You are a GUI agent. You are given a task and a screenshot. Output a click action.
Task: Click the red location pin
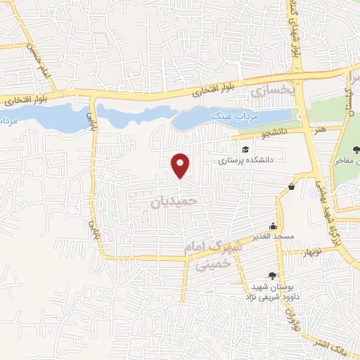pyautogui.click(x=181, y=165)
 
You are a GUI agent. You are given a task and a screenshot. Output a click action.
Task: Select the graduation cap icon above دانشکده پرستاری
pyautogui.click(x=245, y=149)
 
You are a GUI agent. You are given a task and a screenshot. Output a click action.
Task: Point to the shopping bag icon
pyautogui.click(x=291, y=186)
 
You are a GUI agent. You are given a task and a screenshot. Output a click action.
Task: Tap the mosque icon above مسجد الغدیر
pyautogui.click(x=273, y=226)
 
